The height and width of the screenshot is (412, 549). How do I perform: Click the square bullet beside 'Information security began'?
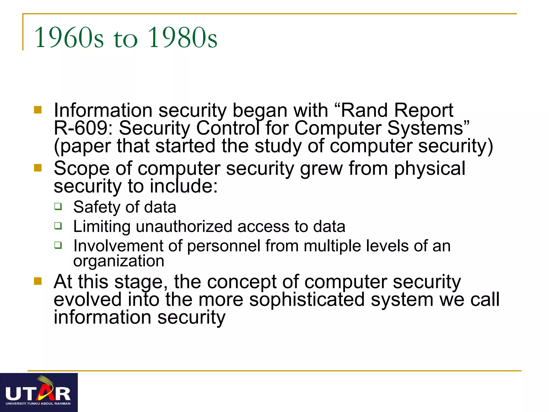pos(38,110)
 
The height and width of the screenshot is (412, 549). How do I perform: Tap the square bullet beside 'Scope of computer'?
pos(38,168)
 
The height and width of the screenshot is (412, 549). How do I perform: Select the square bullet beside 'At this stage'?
pos(38,281)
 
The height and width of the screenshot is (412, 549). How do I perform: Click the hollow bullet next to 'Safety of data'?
pos(58,206)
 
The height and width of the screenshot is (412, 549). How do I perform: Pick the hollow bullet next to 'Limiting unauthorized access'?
pos(58,226)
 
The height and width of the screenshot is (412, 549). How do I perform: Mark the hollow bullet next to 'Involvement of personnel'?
pos(58,245)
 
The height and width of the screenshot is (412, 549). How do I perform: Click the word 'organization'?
pos(118,261)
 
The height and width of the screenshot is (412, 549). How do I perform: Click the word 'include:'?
pos(184,186)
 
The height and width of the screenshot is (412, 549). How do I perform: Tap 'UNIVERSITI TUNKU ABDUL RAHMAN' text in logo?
pos(38,403)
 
